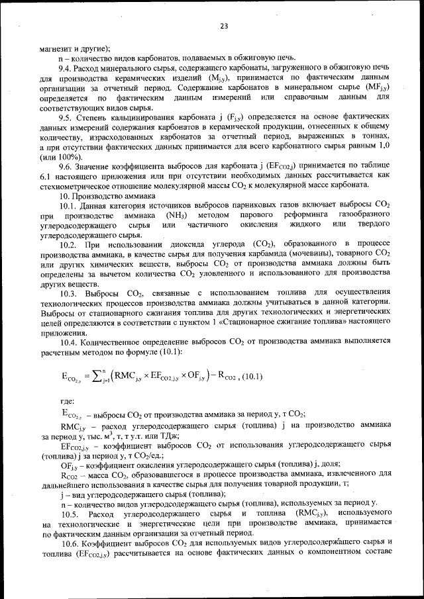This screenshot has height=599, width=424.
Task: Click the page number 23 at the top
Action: [223, 26]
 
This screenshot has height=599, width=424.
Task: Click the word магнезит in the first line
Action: [56, 47]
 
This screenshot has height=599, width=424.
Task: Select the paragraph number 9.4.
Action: [68, 69]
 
